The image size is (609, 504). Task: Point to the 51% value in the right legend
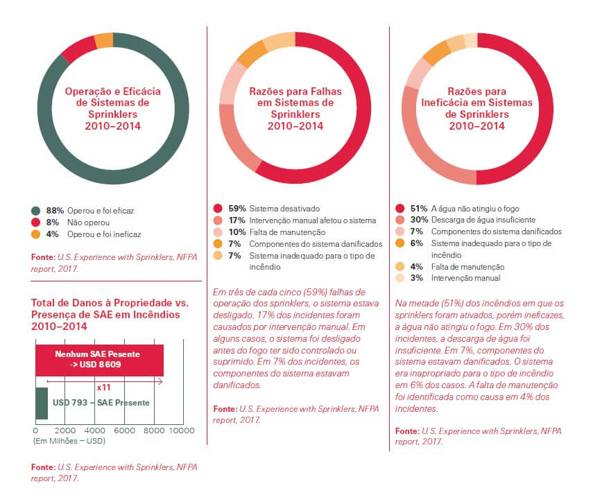pyautogui.click(x=420, y=208)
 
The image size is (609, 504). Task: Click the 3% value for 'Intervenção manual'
pyautogui.click(x=417, y=278)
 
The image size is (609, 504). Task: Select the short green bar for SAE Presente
pyautogui.click(x=41, y=403)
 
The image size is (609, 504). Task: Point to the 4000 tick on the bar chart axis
pyautogui.click(x=94, y=431)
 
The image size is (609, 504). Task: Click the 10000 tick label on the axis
pyautogui.click(x=182, y=431)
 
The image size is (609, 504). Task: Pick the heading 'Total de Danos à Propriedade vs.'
pyautogui.click(x=109, y=304)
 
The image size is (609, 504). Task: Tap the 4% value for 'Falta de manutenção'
pyautogui.click(x=417, y=267)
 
